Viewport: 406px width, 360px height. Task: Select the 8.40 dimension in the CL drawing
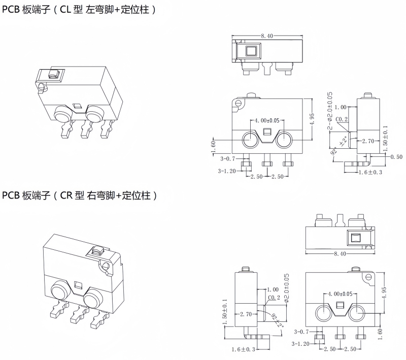click(x=267, y=36)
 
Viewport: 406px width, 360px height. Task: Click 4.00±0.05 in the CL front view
click(x=267, y=120)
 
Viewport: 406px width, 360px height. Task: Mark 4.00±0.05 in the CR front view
click(x=340, y=294)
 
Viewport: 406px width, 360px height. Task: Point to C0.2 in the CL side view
click(x=343, y=120)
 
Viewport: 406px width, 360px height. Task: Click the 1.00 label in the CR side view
click(x=273, y=289)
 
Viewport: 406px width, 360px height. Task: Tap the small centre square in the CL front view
click(x=267, y=133)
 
